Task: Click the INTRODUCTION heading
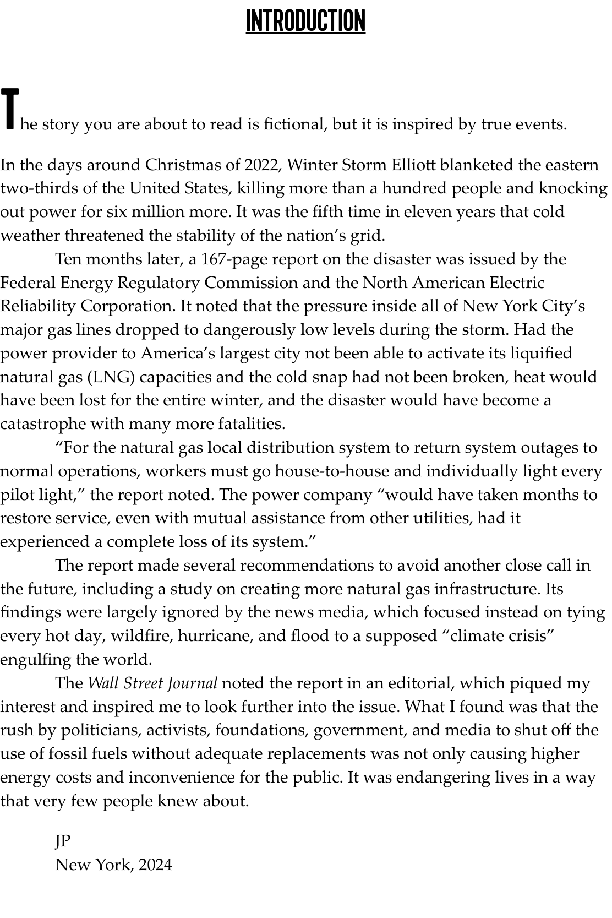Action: click(305, 21)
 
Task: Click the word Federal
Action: click(28, 283)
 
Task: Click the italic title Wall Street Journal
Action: click(153, 683)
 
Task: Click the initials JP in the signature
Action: click(63, 841)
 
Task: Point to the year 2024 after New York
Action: click(155, 865)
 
